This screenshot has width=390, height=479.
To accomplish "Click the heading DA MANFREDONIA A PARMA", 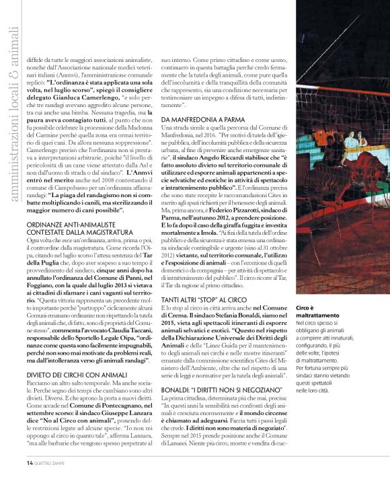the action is click(x=196, y=119).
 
